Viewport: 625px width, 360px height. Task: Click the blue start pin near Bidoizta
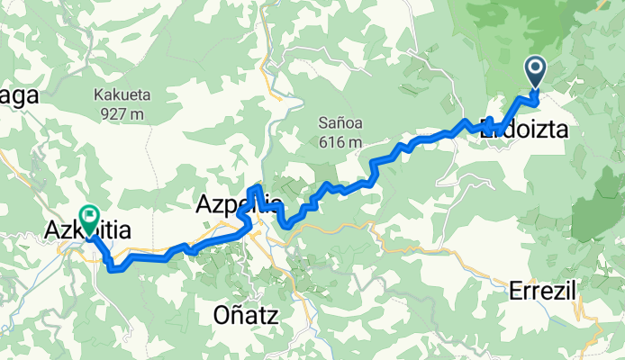pyautogui.click(x=535, y=71)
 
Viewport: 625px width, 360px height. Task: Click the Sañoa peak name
pyautogui.click(x=340, y=122)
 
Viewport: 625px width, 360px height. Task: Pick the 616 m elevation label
pyautogui.click(x=340, y=142)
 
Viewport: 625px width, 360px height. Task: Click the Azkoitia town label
pyautogui.click(x=87, y=231)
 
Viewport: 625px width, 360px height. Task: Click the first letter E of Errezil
pyautogui.click(x=514, y=291)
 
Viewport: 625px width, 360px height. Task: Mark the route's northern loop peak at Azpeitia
pyautogui.click(x=258, y=186)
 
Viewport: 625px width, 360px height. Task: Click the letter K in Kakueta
pyautogui.click(x=98, y=94)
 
